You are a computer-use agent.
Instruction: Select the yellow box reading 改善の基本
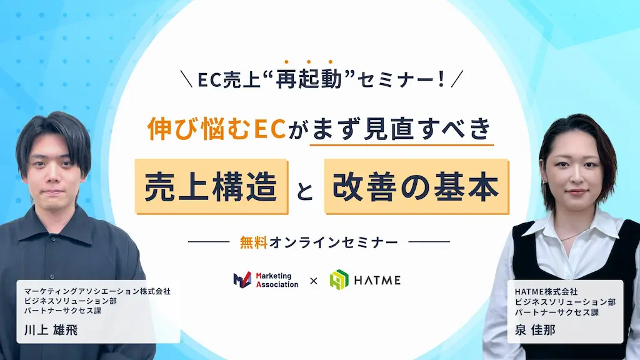(x=416, y=187)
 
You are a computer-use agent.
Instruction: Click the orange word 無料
(x=253, y=242)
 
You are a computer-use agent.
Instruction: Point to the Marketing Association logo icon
(x=242, y=279)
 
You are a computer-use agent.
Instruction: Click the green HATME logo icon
(x=339, y=279)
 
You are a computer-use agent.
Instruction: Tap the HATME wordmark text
(x=377, y=279)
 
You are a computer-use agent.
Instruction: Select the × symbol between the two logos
(x=314, y=280)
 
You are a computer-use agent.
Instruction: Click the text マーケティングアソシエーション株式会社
(x=97, y=291)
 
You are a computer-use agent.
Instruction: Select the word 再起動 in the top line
(x=308, y=80)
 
